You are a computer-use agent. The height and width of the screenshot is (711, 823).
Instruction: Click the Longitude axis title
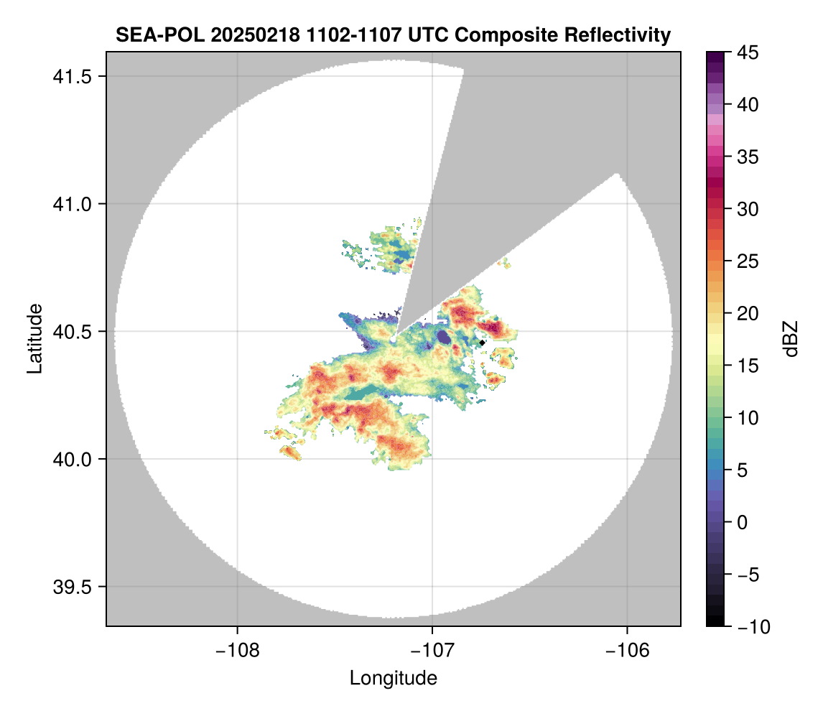pyautogui.click(x=394, y=678)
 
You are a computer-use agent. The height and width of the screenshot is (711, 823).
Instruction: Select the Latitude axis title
pyautogui.click(x=34, y=338)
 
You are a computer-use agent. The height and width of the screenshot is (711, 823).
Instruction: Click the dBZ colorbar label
pyautogui.click(x=791, y=339)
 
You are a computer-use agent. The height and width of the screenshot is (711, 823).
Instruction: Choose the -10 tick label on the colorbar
pyautogui.click(x=750, y=627)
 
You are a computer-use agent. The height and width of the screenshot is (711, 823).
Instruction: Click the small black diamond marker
pyautogui.click(x=483, y=343)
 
